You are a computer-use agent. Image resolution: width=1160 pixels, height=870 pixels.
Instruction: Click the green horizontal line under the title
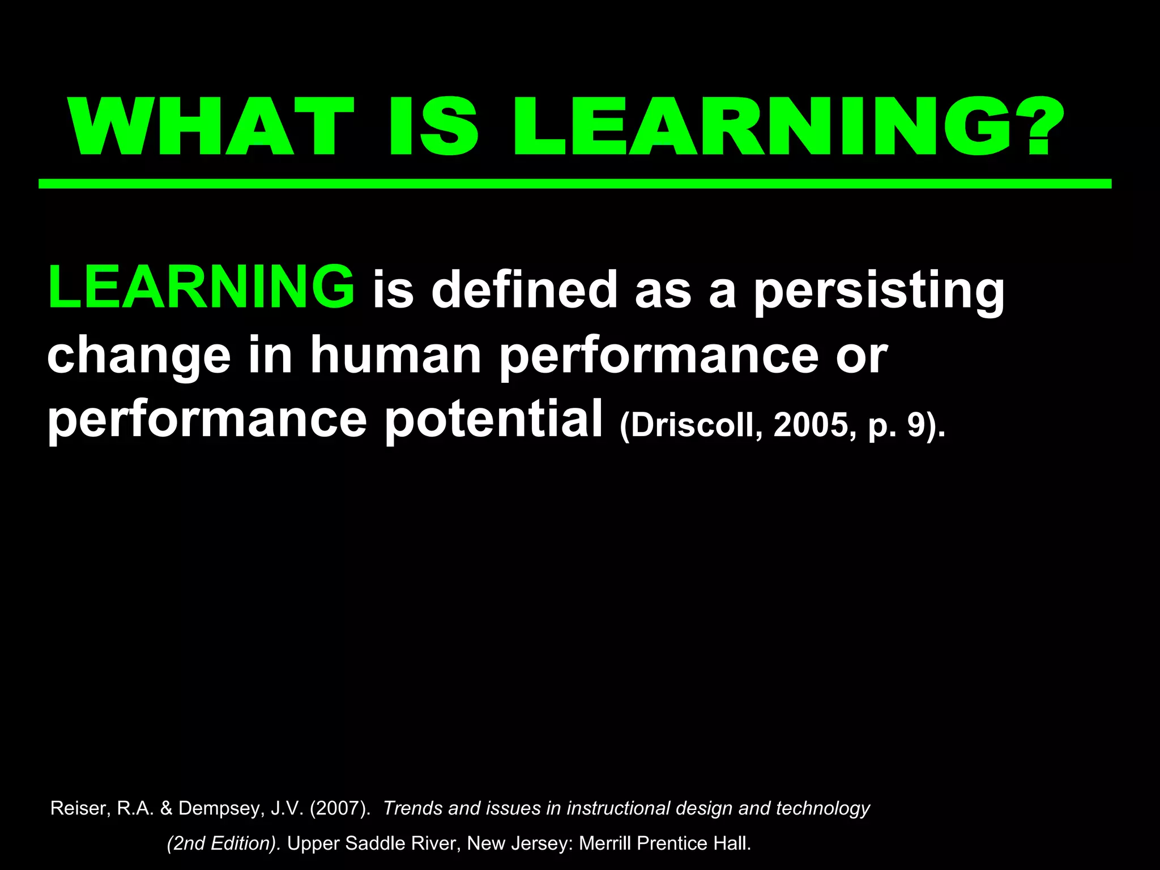point(574,184)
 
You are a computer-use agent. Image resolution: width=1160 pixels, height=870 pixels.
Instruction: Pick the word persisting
point(878,290)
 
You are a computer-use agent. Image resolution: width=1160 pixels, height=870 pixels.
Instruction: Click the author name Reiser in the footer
point(77,808)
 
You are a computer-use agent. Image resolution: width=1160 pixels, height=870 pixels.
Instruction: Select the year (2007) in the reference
point(340,808)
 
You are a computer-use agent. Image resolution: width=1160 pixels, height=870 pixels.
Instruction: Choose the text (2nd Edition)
point(223,843)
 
